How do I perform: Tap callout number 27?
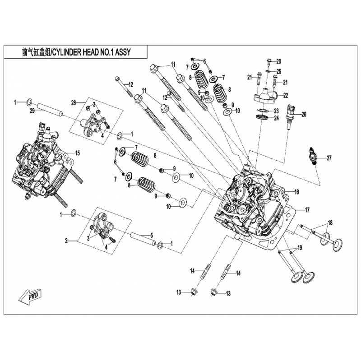(329, 158)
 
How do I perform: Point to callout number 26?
(304, 115)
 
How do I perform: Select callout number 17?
(307, 209)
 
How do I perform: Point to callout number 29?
(32, 111)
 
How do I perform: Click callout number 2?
(66, 241)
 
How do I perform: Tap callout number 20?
(278, 61)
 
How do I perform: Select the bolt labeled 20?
(267, 62)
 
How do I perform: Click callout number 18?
(330, 223)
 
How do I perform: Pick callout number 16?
(297, 191)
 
